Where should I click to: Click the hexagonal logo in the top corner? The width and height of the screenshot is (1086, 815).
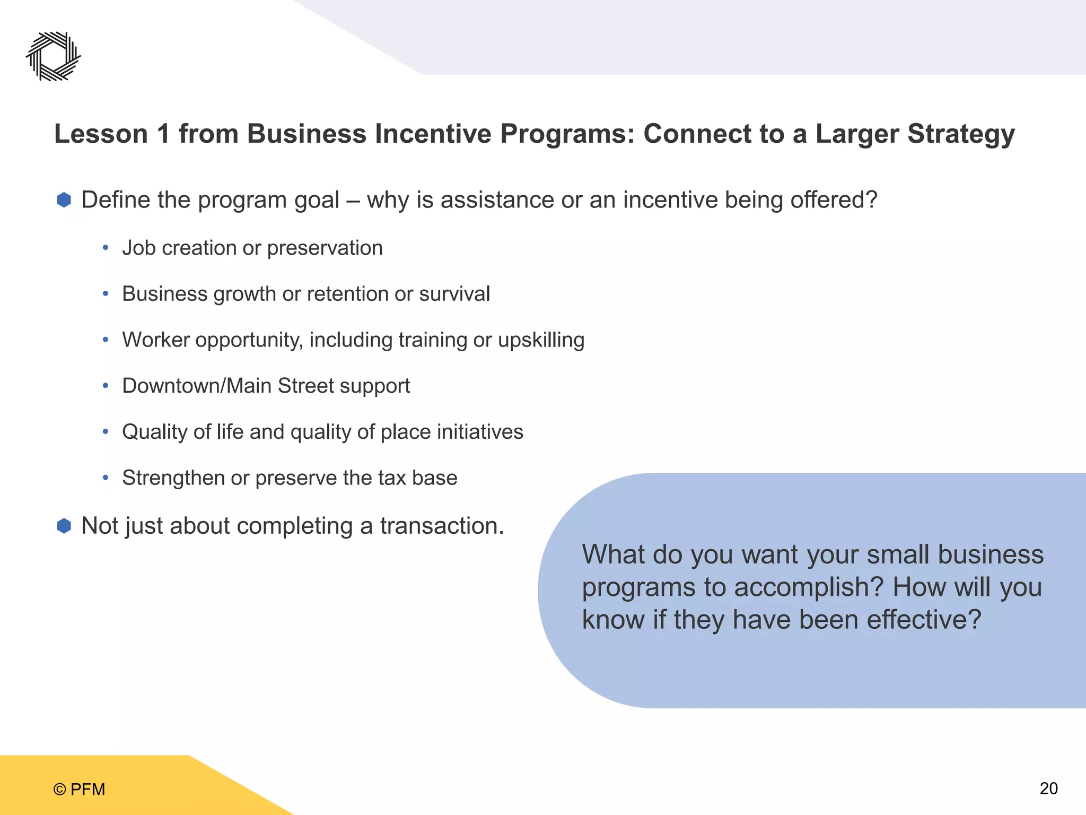click(x=53, y=56)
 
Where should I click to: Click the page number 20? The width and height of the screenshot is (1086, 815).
click(x=1048, y=788)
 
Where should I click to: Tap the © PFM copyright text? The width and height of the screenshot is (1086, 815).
click(x=79, y=790)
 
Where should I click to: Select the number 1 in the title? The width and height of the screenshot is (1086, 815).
click(x=163, y=134)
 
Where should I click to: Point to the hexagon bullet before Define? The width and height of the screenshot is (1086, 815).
click(x=64, y=200)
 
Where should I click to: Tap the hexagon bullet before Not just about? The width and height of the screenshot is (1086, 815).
click(x=64, y=526)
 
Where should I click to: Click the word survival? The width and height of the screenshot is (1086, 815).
click(x=454, y=294)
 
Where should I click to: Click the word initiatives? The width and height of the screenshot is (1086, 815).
click(x=480, y=432)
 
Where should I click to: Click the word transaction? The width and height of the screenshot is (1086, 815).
click(x=441, y=526)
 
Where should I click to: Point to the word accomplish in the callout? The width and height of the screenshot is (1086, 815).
click(x=809, y=587)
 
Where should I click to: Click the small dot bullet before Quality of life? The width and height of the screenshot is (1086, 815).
click(x=106, y=432)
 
